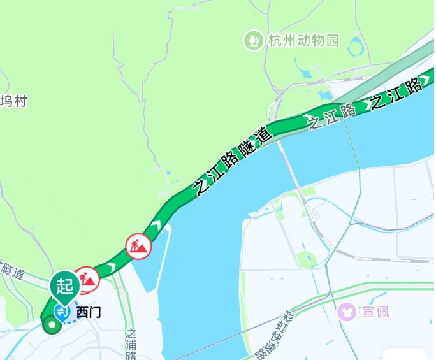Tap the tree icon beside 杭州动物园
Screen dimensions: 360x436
(x=254, y=41)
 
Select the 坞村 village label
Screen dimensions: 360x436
(x=13, y=101)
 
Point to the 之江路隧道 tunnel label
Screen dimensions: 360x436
(x=233, y=160)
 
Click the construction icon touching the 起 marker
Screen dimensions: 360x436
(x=87, y=278)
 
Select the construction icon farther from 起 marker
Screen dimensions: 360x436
(x=138, y=245)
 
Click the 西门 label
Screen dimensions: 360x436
(x=89, y=313)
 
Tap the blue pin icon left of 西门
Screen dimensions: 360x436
(x=62, y=312)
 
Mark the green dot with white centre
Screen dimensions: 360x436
(x=51, y=326)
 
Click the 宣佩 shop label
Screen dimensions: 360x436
(x=376, y=312)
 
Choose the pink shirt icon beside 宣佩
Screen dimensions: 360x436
(x=347, y=312)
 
